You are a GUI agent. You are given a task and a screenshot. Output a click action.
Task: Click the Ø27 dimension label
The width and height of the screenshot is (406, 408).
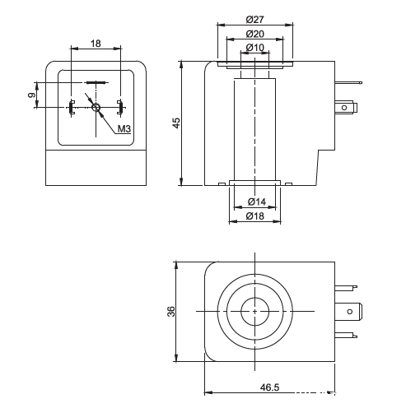click(255, 20)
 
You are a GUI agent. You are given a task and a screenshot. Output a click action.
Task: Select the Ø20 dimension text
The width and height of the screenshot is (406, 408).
click(255, 34)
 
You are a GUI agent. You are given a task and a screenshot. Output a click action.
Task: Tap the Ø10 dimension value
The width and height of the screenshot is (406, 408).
click(255, 48)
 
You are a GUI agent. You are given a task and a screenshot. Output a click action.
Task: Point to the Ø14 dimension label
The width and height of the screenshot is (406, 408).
click(257, 202)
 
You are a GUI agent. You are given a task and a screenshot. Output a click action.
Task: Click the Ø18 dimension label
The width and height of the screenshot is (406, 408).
click(255, 216)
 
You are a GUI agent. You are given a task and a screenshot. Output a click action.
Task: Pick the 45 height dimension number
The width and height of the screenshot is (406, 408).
click(176, 123)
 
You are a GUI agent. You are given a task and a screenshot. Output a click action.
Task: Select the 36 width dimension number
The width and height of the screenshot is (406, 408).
click(171, 312)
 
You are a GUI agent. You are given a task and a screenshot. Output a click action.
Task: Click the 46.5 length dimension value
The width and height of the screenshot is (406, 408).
click(269, 387)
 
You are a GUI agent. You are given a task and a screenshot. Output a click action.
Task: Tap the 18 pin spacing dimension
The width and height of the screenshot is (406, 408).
click(96, 44)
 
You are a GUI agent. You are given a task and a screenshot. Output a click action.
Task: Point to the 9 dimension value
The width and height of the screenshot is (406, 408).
click(32, 95)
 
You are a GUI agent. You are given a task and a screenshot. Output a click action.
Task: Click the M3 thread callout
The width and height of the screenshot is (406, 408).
click(124, 128)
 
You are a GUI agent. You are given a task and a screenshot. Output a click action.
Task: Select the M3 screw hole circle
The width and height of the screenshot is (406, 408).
click(96, 108)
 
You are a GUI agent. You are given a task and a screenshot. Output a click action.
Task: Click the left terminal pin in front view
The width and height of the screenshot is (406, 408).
click(72, 107)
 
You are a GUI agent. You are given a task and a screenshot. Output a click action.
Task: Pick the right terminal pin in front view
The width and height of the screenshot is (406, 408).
click(120, 107)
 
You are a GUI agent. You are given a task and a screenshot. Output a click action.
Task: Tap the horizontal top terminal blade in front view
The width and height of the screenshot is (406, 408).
click(96, 82)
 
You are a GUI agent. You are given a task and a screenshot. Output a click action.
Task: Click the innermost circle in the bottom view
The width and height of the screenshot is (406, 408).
click(255, 312)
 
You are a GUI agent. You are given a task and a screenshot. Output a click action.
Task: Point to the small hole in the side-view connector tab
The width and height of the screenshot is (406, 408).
click(344, 108)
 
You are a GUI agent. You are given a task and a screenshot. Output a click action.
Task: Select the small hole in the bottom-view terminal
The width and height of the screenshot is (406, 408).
click(350, 312)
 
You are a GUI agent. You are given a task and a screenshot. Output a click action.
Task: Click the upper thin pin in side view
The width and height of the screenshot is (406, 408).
click(348, 82)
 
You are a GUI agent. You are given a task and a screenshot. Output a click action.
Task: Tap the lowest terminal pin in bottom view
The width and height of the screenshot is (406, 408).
click(346, 335)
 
